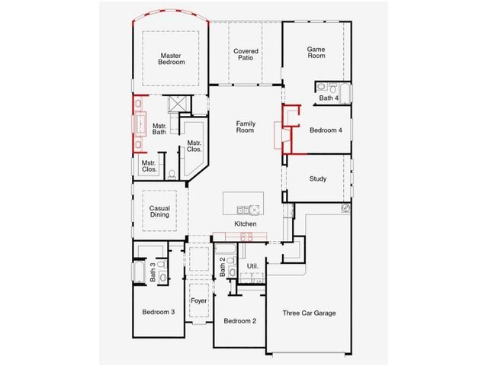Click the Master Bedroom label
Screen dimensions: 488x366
click(171, 59)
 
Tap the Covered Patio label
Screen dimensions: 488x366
click(246, 54)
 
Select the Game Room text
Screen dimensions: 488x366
click(316, 53)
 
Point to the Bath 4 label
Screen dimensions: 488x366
click(329, 98)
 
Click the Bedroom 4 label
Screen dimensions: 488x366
click(326, 130)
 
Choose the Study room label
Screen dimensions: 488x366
click(318, 178)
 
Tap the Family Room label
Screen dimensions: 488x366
click(246, 127)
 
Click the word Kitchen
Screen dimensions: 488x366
click(246, 223)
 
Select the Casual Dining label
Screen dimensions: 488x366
click(159, 211)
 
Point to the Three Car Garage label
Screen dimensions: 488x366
click(309, 313)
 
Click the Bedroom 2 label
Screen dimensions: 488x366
click(240, 321)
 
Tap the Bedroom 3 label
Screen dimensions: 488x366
click(159, 312)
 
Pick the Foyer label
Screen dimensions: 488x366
click(198, 300)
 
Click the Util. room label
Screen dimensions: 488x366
click(252, 266)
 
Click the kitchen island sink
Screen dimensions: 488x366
click(243, 210)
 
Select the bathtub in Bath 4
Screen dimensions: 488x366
click(345, 93)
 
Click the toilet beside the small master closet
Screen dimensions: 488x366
click(172, 175)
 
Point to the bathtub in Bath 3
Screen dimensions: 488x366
click(139, 271)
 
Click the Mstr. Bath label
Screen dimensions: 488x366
click(159, 129)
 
